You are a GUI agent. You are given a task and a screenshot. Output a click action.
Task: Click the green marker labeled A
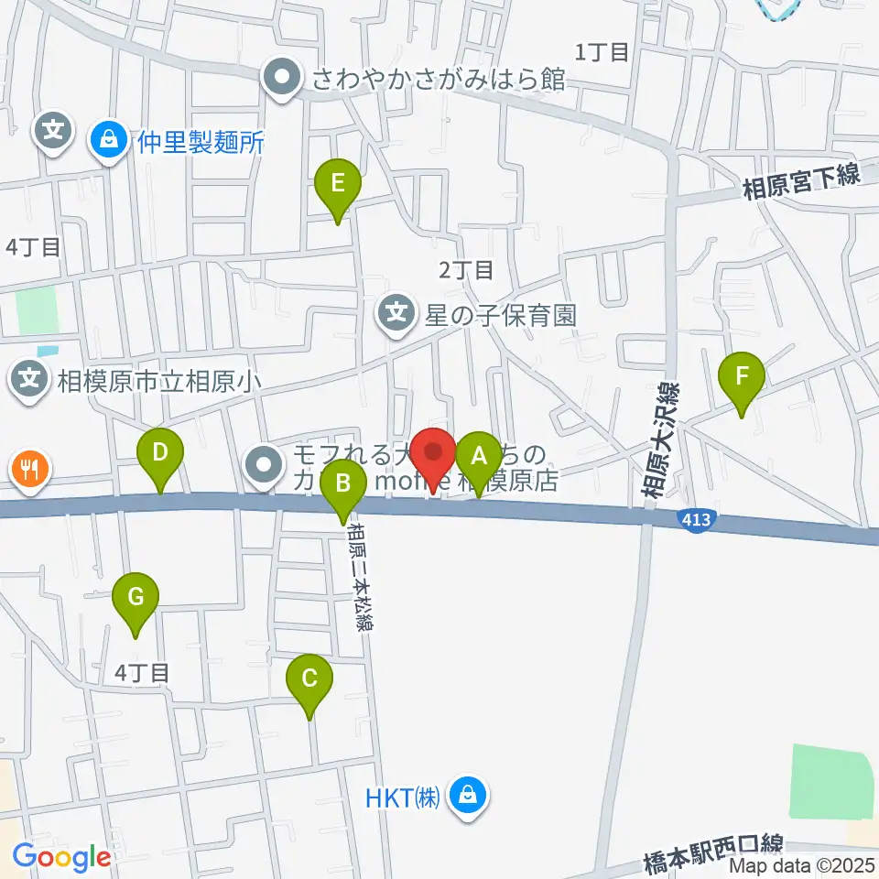[477, 456]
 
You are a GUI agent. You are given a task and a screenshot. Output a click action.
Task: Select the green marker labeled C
[309, 679]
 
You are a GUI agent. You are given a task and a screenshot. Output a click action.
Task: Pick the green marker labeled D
[160, 452]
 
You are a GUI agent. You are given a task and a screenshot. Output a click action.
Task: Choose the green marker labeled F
[742, 376]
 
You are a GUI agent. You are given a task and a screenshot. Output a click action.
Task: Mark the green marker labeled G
[136, 599]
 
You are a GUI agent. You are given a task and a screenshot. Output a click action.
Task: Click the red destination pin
[433, 453]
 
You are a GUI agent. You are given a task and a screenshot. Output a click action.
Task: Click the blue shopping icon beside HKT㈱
[468, 795]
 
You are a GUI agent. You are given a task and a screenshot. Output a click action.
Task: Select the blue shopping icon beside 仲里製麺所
[109, 141]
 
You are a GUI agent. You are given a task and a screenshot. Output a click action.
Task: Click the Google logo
[61, 857]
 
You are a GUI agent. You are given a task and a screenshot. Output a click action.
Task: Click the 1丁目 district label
[602, 52]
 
